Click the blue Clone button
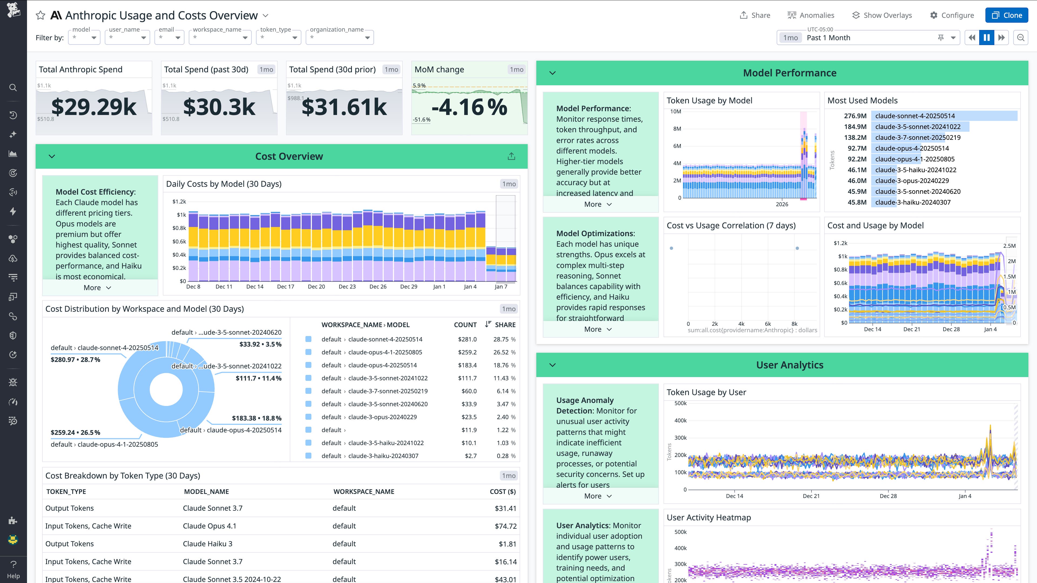pos(1006,15)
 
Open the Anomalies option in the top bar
pos(811,15)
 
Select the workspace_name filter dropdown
pos(220,38)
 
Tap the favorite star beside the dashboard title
pos(40,15)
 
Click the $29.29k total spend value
pos(94,107)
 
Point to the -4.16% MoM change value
pos(469,107)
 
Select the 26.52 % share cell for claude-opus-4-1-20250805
pos(504,352)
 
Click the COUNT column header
pos(465,325)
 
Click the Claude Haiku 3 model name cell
pos(207,544)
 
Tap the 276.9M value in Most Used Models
pos(855,116)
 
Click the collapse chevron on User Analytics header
pos(552,365)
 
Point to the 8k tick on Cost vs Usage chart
pos(794,324)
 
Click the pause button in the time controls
pos(986,38)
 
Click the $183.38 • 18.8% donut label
pos(257,418)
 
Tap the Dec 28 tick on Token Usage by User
pos(888,496)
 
